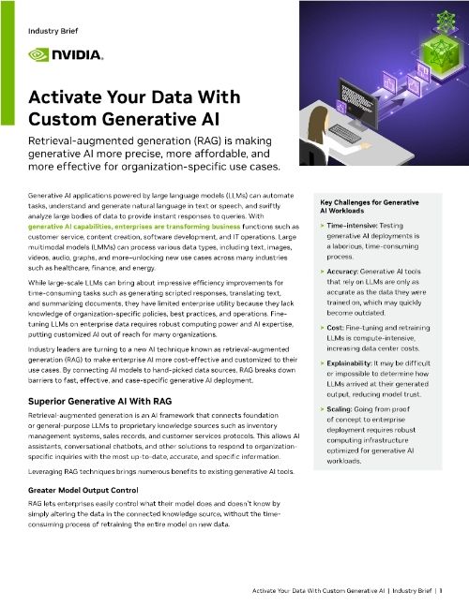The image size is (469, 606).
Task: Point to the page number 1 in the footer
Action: (440, 591)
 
